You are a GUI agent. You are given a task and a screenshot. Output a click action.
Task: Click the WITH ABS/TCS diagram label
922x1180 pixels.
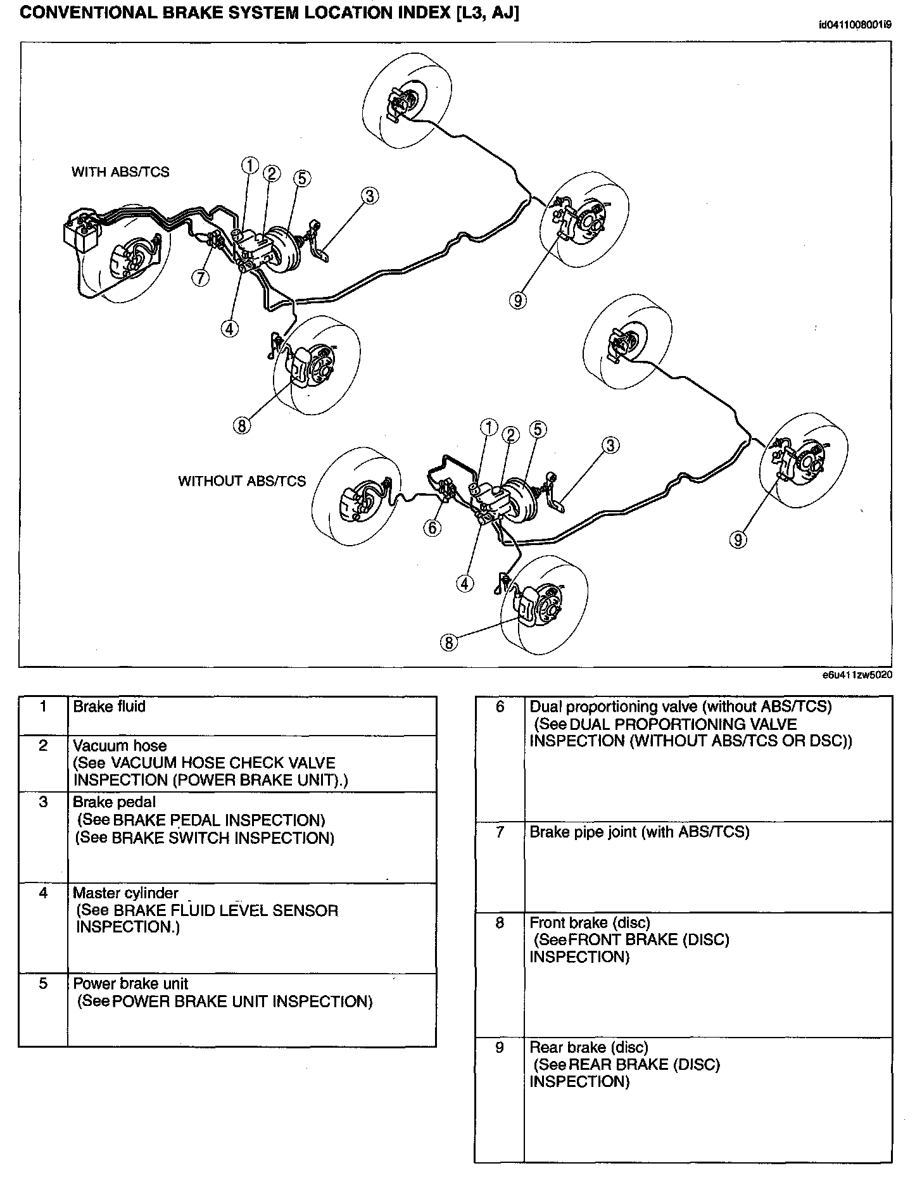[x=120, y=172]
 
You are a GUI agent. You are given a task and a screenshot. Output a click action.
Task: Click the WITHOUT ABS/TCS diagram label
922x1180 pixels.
[x=242, y=481]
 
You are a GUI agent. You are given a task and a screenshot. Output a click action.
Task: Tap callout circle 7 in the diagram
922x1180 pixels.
[x=201, y=277]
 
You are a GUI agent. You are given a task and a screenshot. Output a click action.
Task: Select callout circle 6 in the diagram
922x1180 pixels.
[x=433, y=527]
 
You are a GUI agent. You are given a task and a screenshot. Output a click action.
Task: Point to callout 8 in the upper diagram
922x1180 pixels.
[x=241, y=425]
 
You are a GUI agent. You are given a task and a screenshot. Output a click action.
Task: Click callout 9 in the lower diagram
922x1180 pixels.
[x=738, y=539]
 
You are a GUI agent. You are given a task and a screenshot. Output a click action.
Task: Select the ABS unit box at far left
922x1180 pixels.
[x=81, y=232]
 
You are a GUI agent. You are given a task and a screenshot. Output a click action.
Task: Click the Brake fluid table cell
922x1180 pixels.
[x=110, y=706]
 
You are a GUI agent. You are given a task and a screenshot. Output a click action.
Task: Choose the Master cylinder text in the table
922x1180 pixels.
[x=125, y=893]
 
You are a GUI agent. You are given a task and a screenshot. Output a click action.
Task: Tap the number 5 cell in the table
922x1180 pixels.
[x=43, y=984]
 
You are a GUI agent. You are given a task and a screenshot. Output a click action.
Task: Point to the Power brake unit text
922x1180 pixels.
[x=130, y=984]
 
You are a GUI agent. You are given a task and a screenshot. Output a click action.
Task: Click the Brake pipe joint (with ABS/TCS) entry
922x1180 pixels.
[x=639, y=832]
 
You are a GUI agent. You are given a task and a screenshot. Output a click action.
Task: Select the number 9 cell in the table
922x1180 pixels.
[x=500, y=1048]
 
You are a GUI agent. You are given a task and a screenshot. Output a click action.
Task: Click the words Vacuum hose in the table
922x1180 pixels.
[x=120, y=746]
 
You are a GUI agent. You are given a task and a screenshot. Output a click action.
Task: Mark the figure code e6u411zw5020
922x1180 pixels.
[x=857, y=675]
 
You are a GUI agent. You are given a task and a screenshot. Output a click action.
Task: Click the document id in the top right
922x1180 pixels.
[x=855, y=25]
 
